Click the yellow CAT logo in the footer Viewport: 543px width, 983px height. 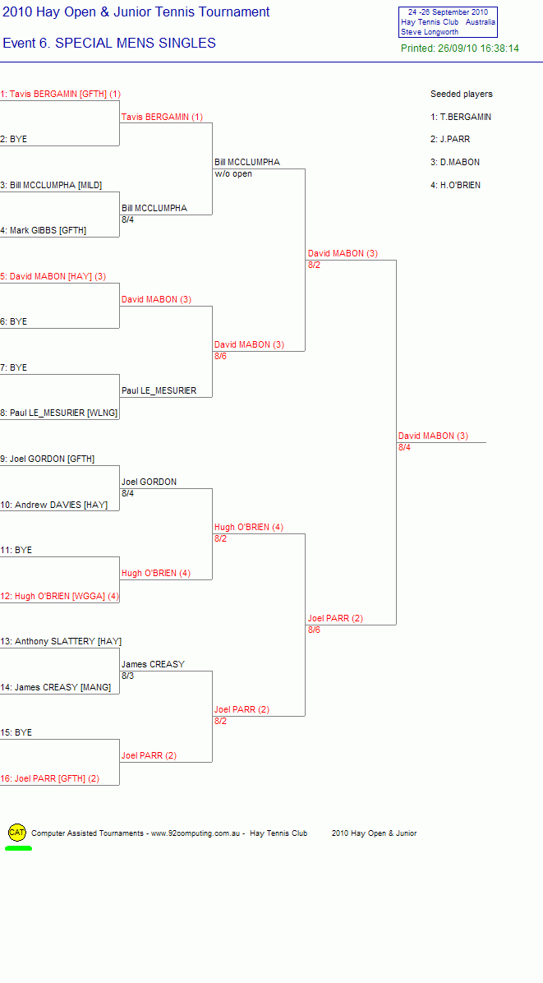17,833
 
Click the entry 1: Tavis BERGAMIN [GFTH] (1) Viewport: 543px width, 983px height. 61,94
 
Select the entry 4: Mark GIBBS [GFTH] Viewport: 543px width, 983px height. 44,231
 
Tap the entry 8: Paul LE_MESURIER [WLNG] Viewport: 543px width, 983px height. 59,413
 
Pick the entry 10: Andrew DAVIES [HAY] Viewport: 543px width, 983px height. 54,505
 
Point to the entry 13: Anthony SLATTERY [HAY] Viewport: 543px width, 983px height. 61,641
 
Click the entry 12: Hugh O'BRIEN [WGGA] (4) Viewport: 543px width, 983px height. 59,596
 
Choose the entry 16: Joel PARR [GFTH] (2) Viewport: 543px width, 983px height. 49,778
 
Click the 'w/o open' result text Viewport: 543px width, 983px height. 233,173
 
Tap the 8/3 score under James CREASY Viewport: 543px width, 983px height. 128,676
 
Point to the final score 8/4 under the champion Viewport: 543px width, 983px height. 405,448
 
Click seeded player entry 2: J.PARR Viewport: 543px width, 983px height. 450,139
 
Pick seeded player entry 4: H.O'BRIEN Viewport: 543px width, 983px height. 455,185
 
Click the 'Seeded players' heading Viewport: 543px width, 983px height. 462,94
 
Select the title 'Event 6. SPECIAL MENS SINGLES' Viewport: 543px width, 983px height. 109,44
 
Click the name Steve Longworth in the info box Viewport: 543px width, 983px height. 430,32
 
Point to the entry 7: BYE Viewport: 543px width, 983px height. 14,367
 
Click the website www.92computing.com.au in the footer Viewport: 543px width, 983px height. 196,833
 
